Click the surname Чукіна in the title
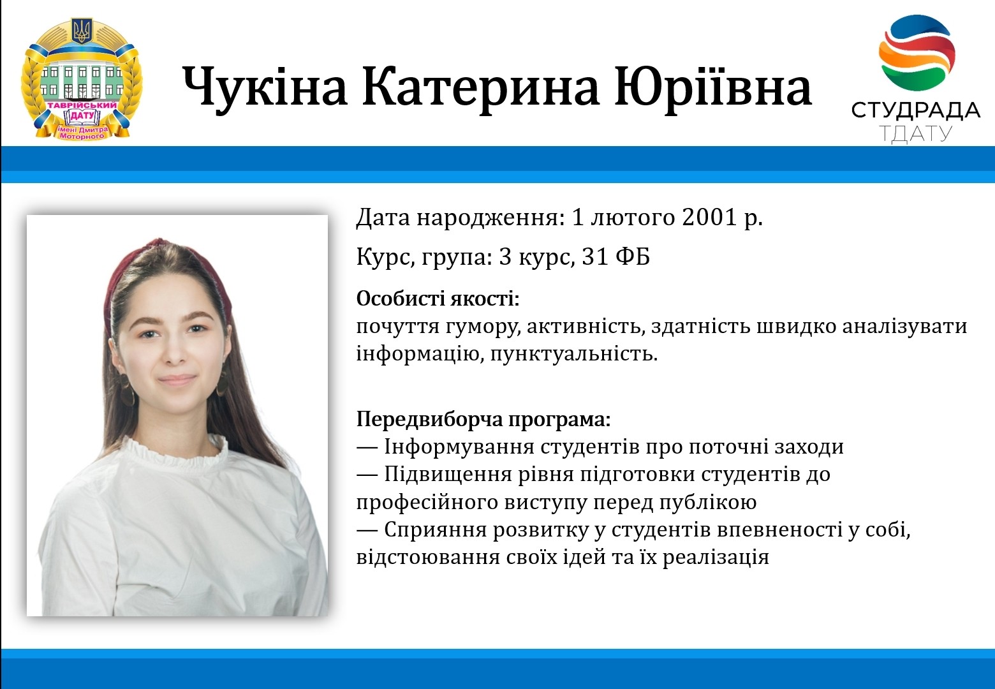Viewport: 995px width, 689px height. [x=265, y=87]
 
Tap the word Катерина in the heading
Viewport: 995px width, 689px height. [x=481, y=87]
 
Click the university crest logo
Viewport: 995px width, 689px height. [x=82, y=79]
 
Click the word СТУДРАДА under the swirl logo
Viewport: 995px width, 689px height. [x=915, y=110]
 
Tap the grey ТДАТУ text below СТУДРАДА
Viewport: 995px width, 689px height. [x=915, y=133]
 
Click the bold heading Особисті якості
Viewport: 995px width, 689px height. [x=438, y=299]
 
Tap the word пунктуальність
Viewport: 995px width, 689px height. [x=573, y=354]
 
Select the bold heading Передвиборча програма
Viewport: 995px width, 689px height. [x=483, y=419]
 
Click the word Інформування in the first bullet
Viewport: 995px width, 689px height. [x=459, y=447]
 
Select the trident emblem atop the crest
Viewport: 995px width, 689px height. [x=82, y=31]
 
